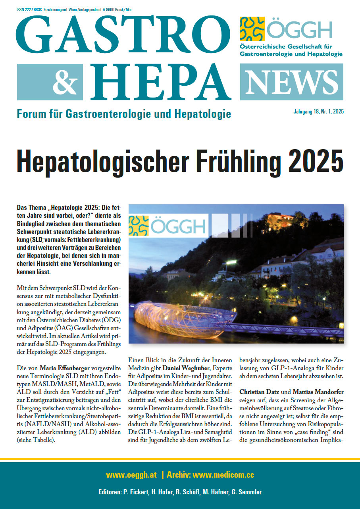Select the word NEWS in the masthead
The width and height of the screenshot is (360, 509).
click(x=292, y=82)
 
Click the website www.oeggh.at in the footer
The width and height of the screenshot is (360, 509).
click(x=131, y=474)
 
